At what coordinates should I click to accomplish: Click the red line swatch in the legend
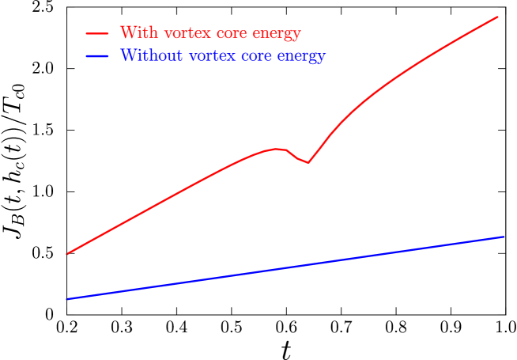click(97, 33)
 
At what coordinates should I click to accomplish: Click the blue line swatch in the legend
click(97, 56)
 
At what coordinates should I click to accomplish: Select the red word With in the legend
click(135, 33)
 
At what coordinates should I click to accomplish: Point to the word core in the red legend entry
click(221, 34)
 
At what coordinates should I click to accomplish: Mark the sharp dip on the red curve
click(308, 162)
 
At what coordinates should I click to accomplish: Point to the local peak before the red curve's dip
click(277, 148)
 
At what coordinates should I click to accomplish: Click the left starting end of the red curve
click(68, 253)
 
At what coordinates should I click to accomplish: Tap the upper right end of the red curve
click(498, 16)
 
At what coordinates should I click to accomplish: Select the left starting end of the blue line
click(68, 299)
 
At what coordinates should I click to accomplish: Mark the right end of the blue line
click(504, 237)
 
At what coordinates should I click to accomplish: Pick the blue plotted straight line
click(285, 268)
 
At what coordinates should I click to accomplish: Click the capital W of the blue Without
click(126, 56)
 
